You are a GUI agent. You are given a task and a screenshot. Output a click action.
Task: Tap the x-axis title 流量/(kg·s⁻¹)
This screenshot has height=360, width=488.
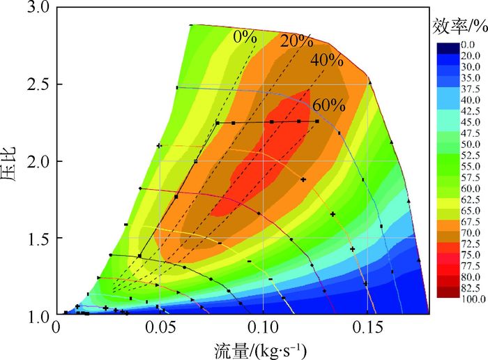click(x=257, y=347)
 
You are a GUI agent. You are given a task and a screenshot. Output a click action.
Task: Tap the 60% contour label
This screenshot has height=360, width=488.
click(x=328, y=106)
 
